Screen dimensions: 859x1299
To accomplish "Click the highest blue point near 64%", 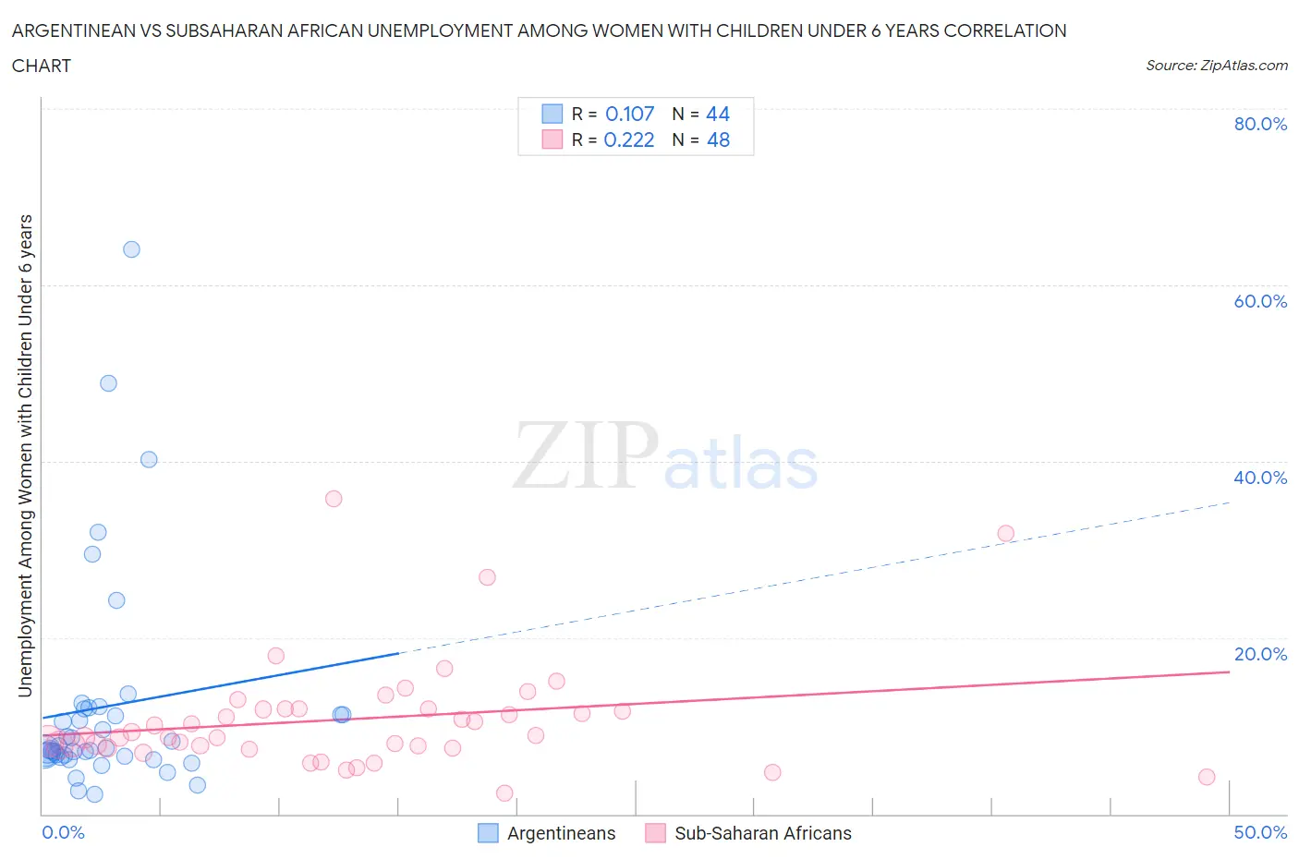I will click(x=131, y=249).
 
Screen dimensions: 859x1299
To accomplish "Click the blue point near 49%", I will click(x=108, y=383).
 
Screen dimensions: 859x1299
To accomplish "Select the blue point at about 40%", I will click(x=149, y=459).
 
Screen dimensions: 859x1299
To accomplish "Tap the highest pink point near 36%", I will click(x=334, y=499).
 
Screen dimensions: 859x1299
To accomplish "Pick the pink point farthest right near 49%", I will click(x=1206, y=777).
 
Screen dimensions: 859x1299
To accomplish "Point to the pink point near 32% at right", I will click(x=1005, y=533).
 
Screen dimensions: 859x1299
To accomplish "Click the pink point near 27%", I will click(x=487, y=577).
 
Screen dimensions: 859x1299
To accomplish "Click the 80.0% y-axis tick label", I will click(x=1259, y=124).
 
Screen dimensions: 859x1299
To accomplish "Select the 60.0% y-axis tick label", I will click(x=1259, y=301).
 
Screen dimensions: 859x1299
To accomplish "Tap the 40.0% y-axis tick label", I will click(x=1259, y=478).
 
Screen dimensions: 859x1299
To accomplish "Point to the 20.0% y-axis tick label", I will click(x=1259, y=654).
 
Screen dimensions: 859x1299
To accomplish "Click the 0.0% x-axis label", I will click(x=63, y=832).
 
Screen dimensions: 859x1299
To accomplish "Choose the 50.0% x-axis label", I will click(x=1259, y=832).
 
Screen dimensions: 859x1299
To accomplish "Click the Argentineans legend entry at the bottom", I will click(x=561, y=833).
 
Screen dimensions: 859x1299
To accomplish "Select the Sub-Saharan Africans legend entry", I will click(x=762, y=833).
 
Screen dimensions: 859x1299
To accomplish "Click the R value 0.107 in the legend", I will click(x=629, y=114).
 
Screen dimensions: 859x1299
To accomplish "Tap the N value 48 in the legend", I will click(x=718, y=139).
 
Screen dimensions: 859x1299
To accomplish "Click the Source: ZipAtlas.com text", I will click(x=1216, y=65).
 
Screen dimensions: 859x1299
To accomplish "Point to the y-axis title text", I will click(x=25, y=455).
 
